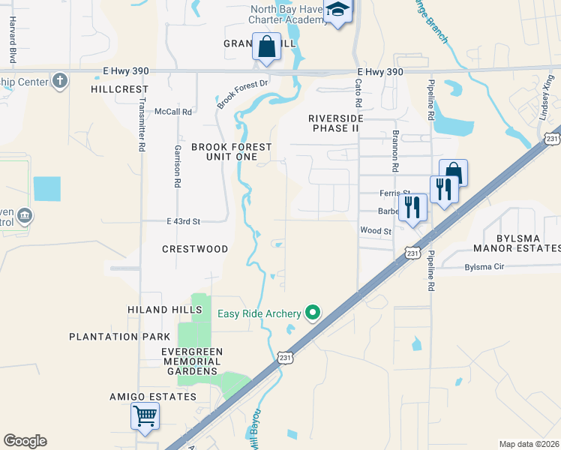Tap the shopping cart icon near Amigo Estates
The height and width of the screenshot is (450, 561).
[145, 415]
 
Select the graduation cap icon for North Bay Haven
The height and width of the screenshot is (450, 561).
[338, 11]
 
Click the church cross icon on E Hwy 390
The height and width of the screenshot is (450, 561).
[60, 80]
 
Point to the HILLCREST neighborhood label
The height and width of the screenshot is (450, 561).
[120, 88]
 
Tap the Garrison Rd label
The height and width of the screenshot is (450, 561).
[178, 166]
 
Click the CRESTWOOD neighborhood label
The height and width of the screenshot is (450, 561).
[195, 248]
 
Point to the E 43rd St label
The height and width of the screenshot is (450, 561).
[184, 221]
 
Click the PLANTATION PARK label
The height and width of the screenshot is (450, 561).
[114, 337]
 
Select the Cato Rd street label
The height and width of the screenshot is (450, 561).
[358, 92]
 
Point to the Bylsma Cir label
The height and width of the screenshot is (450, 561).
[486, 267]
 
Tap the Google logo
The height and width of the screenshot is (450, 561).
[25, 441]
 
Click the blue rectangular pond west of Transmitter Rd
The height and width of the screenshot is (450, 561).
[47, 188]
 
